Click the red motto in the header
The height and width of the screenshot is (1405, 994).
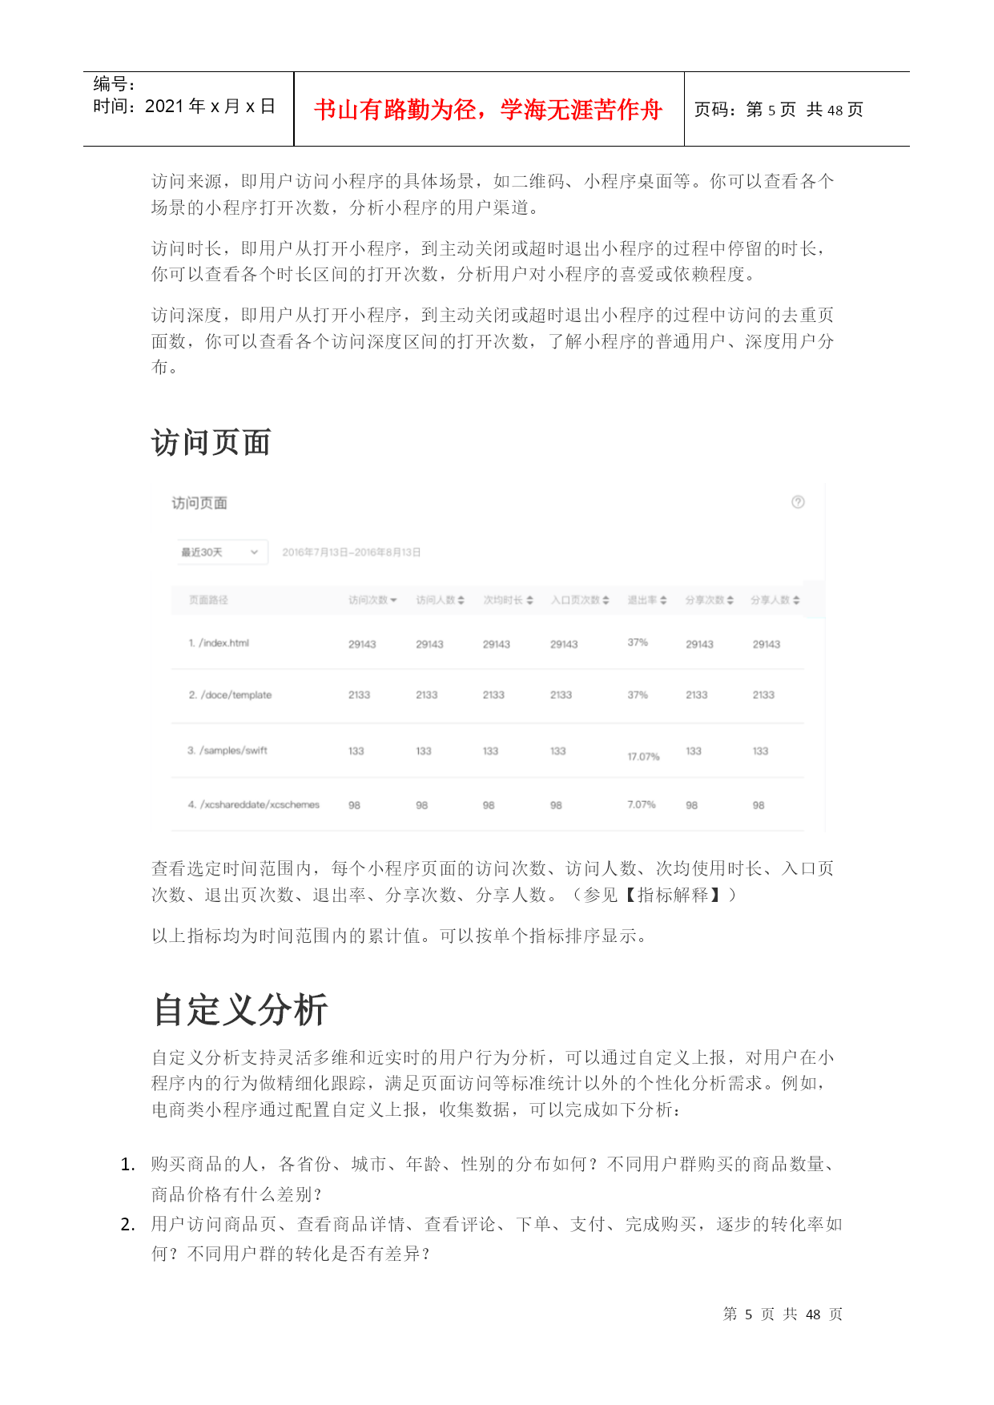pos(488,110)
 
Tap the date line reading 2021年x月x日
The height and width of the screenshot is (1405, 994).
pos(184,107)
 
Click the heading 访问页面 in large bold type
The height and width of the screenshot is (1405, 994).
pos(211,442)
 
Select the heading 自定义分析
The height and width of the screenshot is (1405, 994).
pos(240,1009)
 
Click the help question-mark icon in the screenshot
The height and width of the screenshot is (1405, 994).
pos(798,502)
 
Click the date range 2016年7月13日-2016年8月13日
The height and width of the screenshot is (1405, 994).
pos(352,552)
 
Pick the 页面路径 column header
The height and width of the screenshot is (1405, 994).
pos(208,600)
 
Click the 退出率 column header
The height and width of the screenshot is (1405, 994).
pos(646,600)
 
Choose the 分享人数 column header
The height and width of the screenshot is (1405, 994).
pos(775,600)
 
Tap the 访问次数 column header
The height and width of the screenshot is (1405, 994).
pos(372,600)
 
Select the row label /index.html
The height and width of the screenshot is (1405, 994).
pos(219,643)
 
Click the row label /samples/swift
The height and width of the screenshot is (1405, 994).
pos(227,751)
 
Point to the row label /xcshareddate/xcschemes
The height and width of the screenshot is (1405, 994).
pos(254,804)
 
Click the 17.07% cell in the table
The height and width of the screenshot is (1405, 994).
pos(643,756)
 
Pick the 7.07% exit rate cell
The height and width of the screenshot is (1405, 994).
pos(641,804)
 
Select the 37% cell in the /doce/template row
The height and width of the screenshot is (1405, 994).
pos(638,694)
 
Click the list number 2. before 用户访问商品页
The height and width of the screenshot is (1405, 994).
pos(127,1224)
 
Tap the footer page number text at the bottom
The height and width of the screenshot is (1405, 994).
pos(783,1314)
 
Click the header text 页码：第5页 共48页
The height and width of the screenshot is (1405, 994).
pos(779,110)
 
